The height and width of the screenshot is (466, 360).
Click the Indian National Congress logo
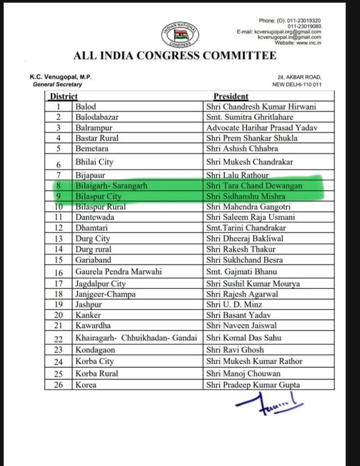[x=180, y=35]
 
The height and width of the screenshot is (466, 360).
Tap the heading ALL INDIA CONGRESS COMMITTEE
[x=175, y=56]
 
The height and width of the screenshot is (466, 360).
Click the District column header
[x=64, y=96]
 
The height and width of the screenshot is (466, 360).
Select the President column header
[x=231, y=96]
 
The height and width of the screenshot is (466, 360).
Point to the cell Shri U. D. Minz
[x=234, y=304]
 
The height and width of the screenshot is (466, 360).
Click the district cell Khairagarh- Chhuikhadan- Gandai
[x=136, y=338]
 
